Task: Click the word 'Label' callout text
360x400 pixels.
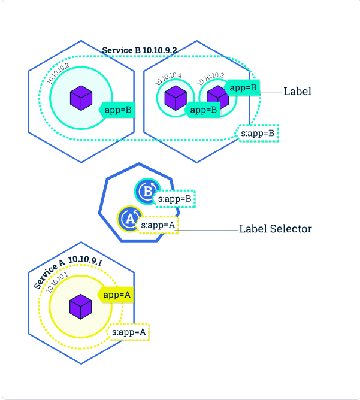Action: (x=297, y=92)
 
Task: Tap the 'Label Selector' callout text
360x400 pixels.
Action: (x=275, y=229)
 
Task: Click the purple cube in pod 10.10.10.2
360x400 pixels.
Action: (x=80, y=98)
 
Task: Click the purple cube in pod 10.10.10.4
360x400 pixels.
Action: (x=176, y=97)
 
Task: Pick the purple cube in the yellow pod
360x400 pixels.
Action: (x=80, y=307)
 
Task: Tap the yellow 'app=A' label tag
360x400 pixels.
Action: (x=116, y=295)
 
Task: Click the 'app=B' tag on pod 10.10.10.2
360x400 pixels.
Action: (x=117, y=110)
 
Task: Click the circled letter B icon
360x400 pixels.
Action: (x=146, y=191)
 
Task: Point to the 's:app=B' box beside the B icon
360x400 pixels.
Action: (x=175, y=199)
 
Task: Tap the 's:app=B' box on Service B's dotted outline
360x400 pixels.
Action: (x=258, y=132)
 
